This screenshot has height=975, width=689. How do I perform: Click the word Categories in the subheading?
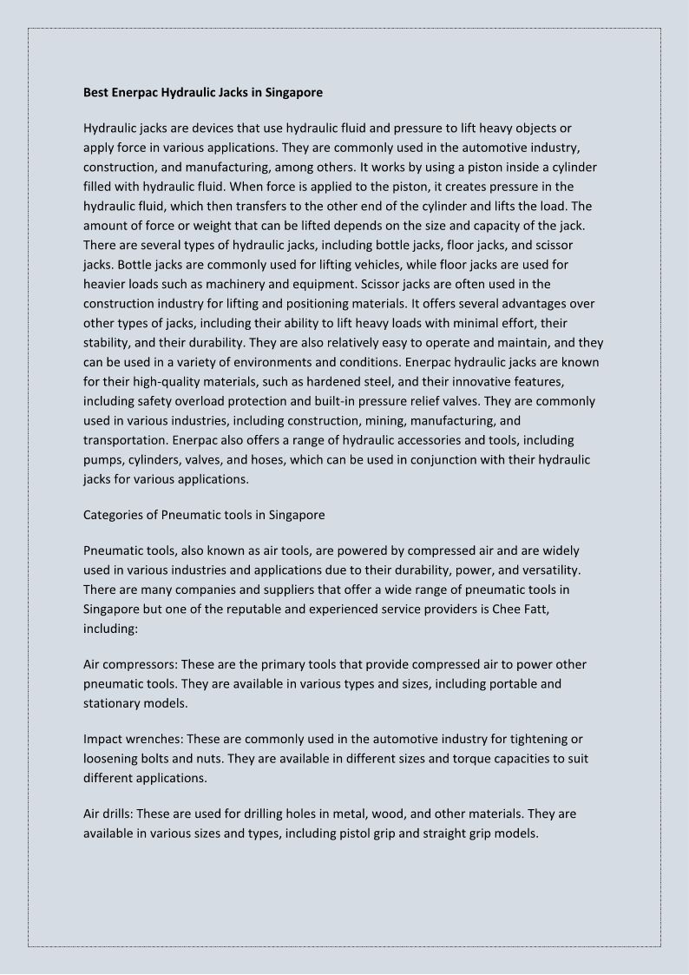[x=119, y=515]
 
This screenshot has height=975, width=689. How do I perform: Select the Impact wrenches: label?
[x=134, y=739]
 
